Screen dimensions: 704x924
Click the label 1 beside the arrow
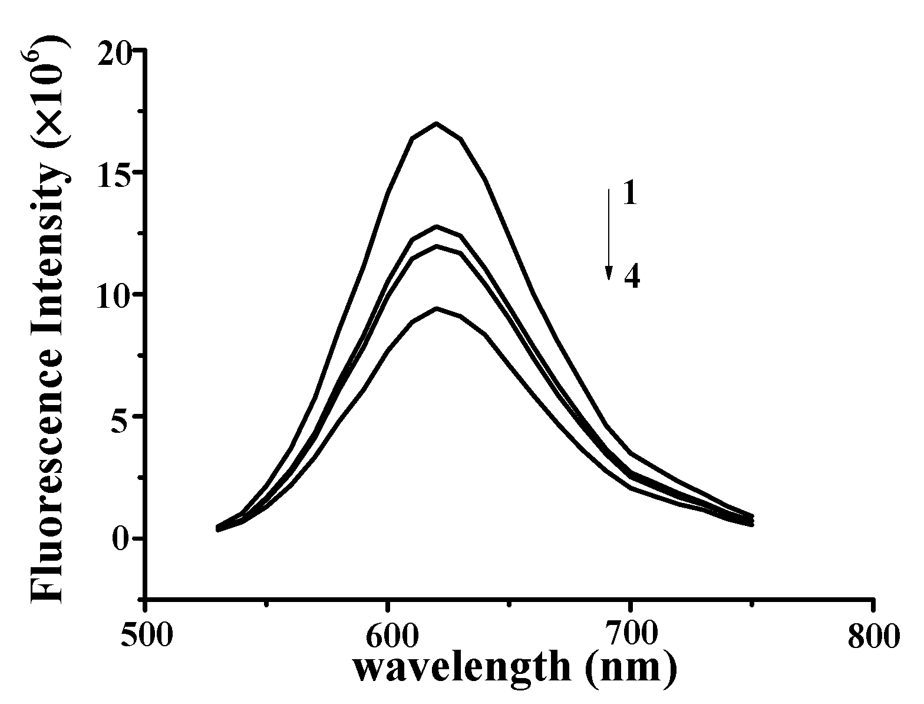630,194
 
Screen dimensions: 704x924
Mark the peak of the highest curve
436,123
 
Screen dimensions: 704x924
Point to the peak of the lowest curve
436,308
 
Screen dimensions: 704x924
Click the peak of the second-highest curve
436,226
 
